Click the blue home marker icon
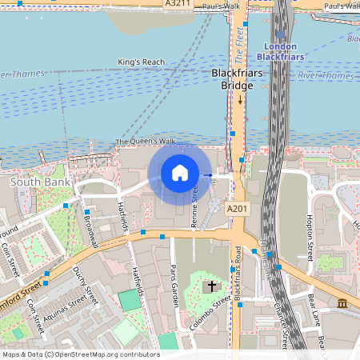[x=180, y=172]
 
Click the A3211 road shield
[x=178, y=4]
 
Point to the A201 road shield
[x=237, y=209]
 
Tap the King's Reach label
[x=140, y=62]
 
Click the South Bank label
[x=40, y=182]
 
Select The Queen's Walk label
[x=145, y=142]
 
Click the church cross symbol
[x=212, y=286]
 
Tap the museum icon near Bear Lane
[x=342, y=304]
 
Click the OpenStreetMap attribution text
[x=80, y=354]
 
